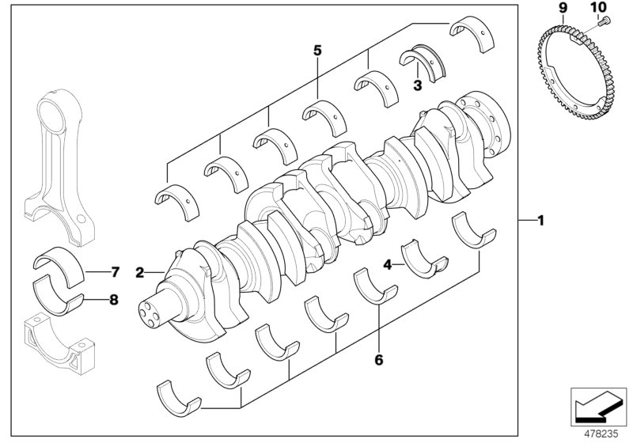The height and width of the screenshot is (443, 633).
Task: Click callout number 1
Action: [541, 221]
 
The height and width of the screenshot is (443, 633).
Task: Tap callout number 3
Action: [418, 83]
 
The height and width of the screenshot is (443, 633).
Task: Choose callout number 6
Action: [378, 360]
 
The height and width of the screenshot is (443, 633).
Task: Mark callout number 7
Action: [114, 272]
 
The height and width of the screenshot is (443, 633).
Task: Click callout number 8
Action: [114, 300]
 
